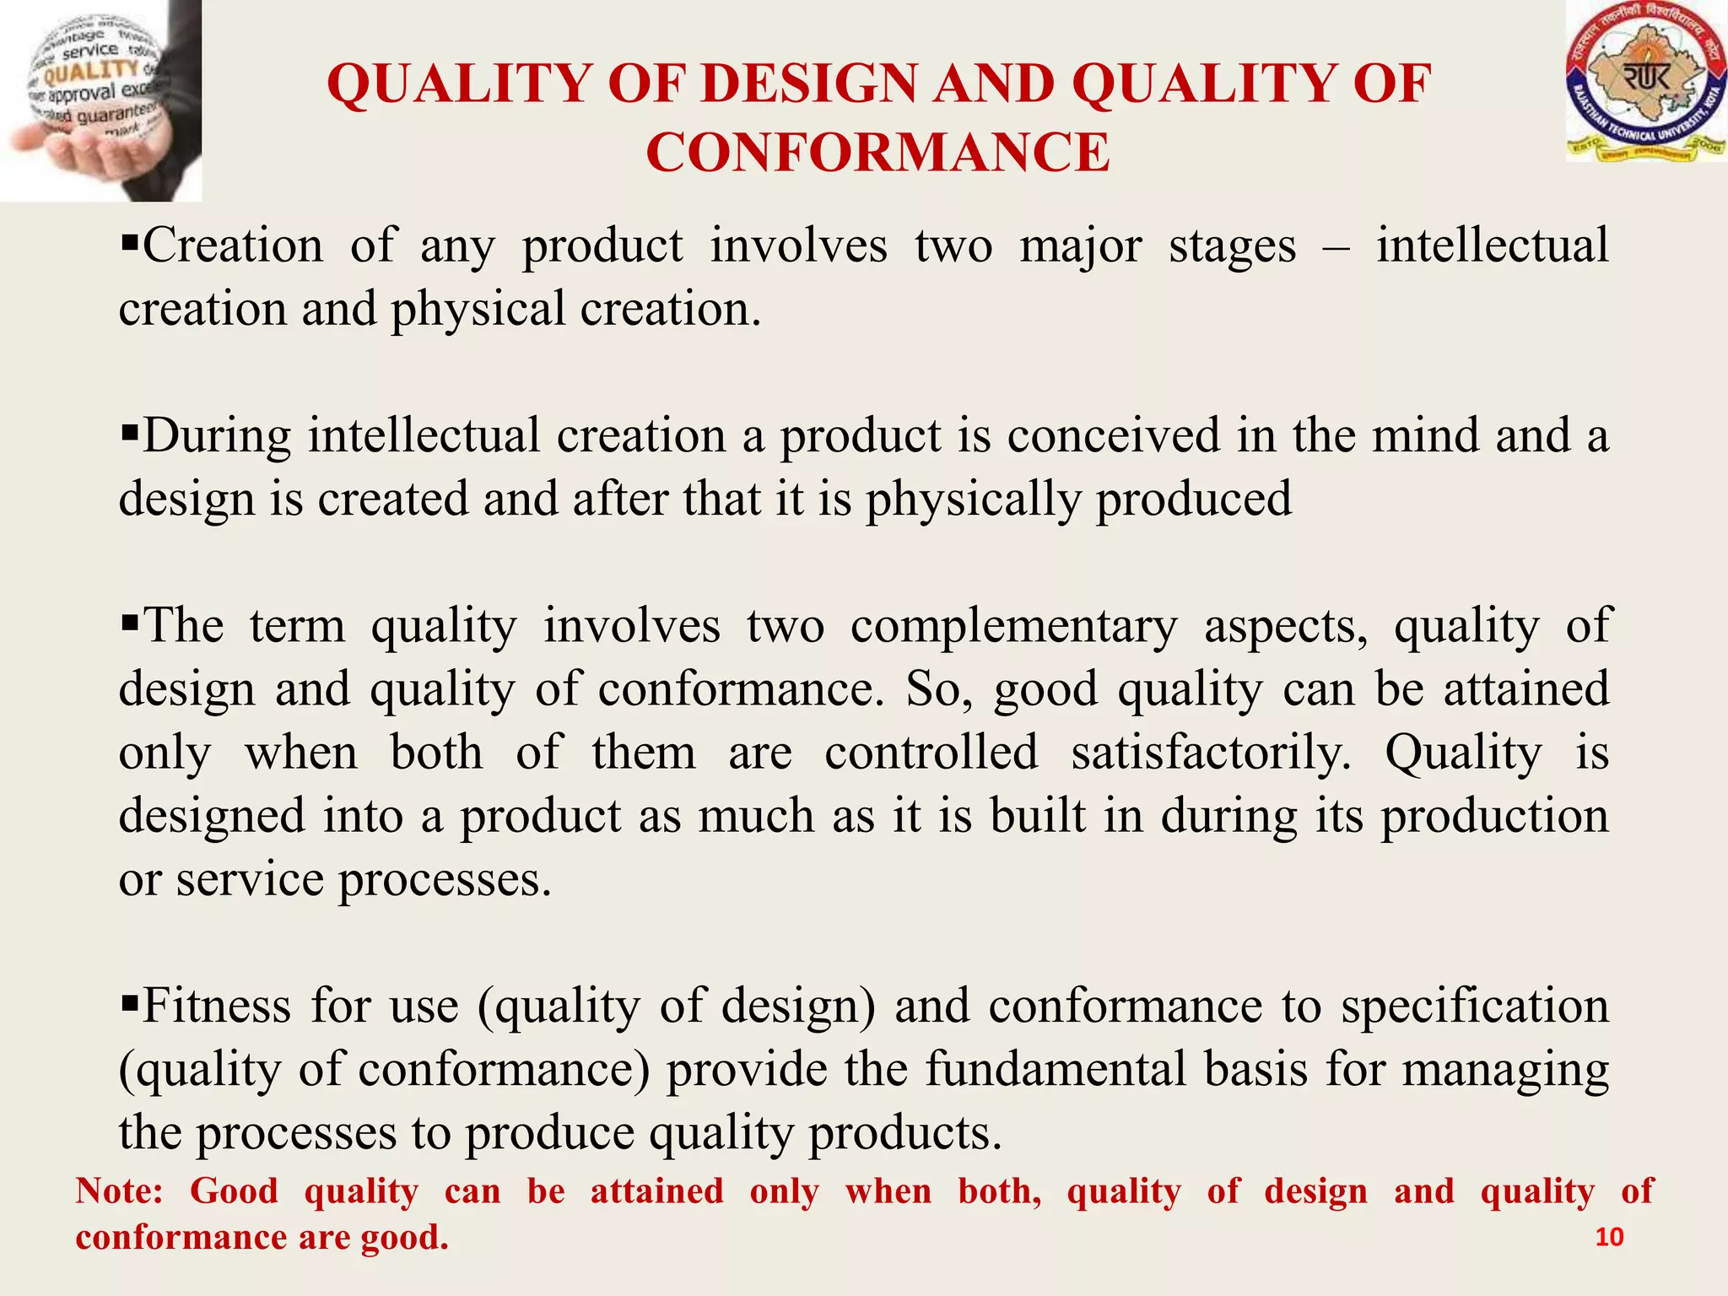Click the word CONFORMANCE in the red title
click(877, 154)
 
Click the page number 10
click(1609, 1237)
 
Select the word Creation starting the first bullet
click(233, 246)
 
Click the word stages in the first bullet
click(1232, 246)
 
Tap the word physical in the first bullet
click(478, 310)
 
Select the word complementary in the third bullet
click(1012, 627)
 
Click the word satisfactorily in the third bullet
click(1211, 753)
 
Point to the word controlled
click(931, 753)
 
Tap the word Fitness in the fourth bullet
click(215, 1006)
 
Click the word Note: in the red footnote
click(119, 1191)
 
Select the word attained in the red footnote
click(656, 1191)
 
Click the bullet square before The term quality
click(129, 625)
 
